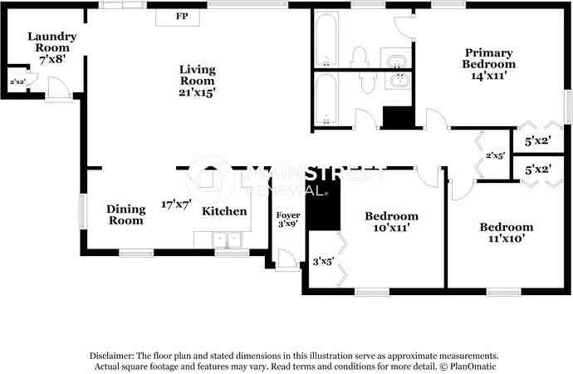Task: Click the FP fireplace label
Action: point(182,16)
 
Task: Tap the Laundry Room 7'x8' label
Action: point(51,47)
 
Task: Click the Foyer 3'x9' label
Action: point(288,219)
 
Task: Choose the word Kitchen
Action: point(224,211)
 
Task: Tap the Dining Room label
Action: point(126,215)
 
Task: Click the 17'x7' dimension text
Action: point(176,204)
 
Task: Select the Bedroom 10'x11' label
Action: point(391,222)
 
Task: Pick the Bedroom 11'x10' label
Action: point(506,233)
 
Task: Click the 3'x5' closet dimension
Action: point(323,262)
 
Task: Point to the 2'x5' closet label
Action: point(495,155)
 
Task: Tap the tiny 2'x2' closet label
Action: point(17,81)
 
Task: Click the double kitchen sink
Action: point(227,240)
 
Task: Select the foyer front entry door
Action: point(286,260)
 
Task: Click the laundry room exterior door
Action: point(58,89)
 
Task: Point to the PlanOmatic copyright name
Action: point(473,366)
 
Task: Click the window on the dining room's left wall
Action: point(83,212)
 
